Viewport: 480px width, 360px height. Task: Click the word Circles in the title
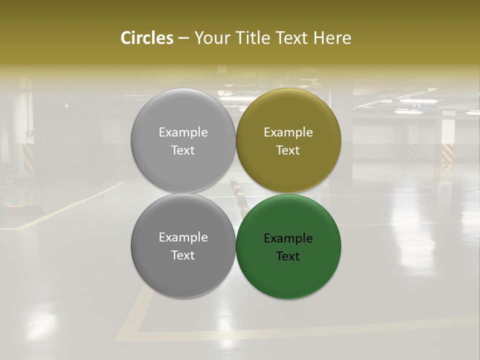(147, 38)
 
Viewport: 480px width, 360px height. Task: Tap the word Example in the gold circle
(288, 132)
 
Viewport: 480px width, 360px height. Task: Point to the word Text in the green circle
(288, 256)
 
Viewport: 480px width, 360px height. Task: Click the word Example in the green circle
(288, 238)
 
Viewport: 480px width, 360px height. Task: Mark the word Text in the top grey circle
(183, 150)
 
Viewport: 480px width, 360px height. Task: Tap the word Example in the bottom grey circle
(183, 237)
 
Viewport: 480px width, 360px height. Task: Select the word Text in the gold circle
(288, 150)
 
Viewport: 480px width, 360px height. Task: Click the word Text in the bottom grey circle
(183, 255)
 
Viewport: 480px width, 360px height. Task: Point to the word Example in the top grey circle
(183, 132)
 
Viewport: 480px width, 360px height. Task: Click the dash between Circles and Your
(183, 38)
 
